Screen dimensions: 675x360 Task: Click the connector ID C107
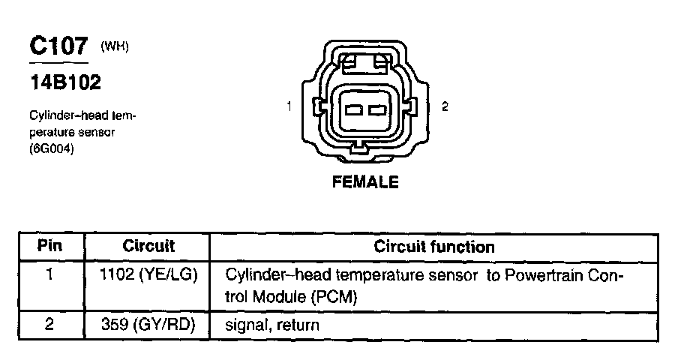pyautogui.click(x=59, y=47)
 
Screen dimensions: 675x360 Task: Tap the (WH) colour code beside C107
pyautogui.click(x=115, y=46)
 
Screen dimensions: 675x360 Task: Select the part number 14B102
pyautogui.click(x=64, y=83)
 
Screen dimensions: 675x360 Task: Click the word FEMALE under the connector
pyautogui.click(x=365, y=182)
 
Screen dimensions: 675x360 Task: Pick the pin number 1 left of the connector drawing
pyautogui.click(x=289, y=107)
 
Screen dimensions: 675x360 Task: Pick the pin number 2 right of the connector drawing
pyautogui.click(x=445, y=107)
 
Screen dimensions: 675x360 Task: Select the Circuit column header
pyautogui.click(x=148, y=246)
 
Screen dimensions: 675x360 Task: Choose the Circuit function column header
pyautogui.click(x=434, y=246)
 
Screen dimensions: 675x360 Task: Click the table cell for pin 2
pyautogui.click(x=49, y=325)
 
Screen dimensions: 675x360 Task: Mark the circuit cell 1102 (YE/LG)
pyautogui.click(x=148, y=275)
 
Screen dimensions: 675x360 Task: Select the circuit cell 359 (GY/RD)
pyautogui.click(x=148, y=325)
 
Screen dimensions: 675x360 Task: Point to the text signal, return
pyautogui.click(x=272, y=325)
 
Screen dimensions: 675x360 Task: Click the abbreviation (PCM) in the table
pyautogui.click(x=332, y=297)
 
